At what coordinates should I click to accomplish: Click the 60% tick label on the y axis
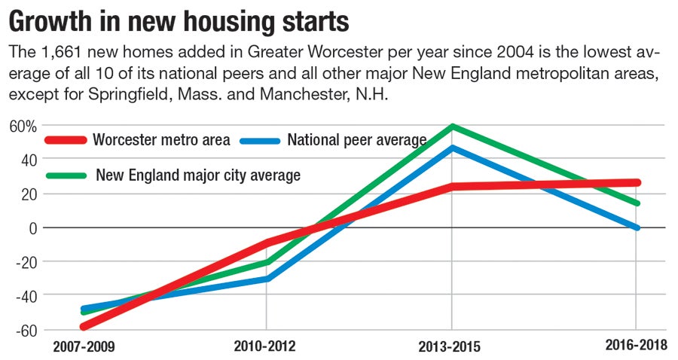point(22,126)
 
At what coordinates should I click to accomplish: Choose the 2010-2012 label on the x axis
point(265,346)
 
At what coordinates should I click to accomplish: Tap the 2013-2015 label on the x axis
point(450,346)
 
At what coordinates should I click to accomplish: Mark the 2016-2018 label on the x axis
point(636,344)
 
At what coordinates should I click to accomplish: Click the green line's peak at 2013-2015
point(452,126)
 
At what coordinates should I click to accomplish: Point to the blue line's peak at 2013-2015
point(452,148)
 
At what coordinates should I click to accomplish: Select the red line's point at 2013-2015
point(452,186)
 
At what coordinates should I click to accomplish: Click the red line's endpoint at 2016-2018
point(637,182)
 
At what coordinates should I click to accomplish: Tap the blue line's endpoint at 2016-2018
point(637,227)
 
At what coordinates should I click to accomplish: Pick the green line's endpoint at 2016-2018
point(637,203)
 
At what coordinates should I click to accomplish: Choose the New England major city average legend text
point(198,175)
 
